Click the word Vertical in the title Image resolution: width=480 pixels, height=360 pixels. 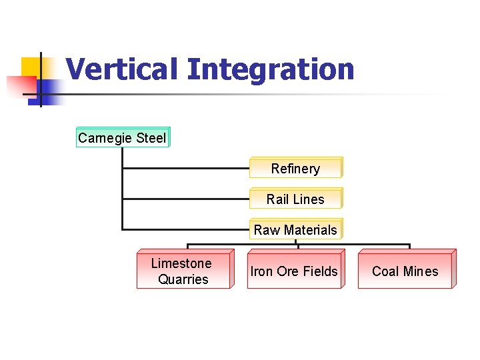tap(123, 69)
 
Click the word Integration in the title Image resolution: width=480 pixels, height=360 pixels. tap(271, 69)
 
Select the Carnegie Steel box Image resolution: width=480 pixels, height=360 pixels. tap(123, 138)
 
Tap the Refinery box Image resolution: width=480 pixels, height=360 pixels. tap(295, 169)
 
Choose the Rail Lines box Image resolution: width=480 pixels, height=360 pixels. tap(295, 199)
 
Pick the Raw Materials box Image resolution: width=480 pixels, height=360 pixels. tap(295, 230)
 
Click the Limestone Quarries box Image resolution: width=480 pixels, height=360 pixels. tap(183, 271)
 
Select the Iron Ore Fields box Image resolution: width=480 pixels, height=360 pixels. tap(294, 271)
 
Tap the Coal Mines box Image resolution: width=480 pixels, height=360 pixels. tap(405, 271)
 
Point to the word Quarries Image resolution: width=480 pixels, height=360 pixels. tap(183, 279)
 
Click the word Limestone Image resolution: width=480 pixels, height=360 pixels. tap(181, 263)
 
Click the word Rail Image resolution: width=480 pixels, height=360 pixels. tap(277, 199)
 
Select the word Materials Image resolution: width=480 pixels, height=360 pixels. tap(310, 230)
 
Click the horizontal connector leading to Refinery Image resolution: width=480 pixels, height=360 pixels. tap(187, 168)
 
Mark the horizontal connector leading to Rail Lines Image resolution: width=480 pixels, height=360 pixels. tap(187, 199)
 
